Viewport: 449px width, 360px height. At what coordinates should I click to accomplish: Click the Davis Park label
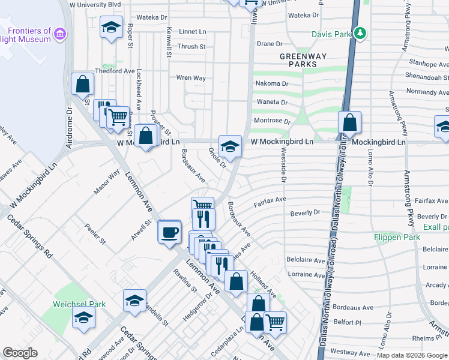(x=330, y=34)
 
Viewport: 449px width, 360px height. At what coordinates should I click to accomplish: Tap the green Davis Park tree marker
(x=360, y=32)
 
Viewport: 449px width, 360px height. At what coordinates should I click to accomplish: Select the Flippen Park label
(x=397, y=237)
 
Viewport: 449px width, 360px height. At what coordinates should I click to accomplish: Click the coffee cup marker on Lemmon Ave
(x=169, y=232)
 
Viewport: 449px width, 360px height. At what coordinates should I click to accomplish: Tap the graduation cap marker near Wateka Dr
(x=110, y=28)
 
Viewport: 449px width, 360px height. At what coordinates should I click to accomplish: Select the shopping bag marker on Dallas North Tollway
(x=349, y=123)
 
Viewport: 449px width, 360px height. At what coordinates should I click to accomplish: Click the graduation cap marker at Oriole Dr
(x=230, y=146)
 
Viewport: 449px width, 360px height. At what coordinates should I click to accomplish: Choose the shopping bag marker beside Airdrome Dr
(x=82, y=85)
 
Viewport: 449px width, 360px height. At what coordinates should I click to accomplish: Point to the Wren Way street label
(x=191, y=78)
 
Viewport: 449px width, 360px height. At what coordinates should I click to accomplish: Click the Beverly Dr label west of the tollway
(x=306, y=213)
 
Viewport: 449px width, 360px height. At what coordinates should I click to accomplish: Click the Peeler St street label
(x=95, y=234)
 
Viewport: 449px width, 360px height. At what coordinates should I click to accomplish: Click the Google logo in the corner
(x=20, y=353)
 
